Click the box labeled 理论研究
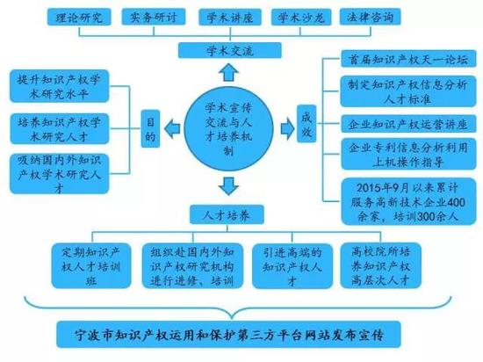click(79, 18)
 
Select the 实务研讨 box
click(154, 17)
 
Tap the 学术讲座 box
click(230, 18)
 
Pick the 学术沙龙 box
click(301, 18)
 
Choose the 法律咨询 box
click(370, 17)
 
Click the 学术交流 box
click(230, 51)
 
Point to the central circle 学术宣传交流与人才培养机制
click(228, 129)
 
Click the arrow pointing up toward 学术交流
click(229, 72)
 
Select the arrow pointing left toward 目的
click(172, 128)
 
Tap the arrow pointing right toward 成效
click(288, 128)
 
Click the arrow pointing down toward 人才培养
click(228, 185)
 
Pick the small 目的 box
click(150, 129)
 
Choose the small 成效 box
click(306, 124)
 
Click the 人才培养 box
click(227, 214)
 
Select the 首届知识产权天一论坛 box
click(408, 59)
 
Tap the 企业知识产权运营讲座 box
click(408, 124)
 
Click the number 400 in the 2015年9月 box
click(455, 202)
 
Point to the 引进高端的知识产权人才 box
click(292, 266)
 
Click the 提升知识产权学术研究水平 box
click(60, 86)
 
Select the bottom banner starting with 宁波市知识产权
click(229, 334)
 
